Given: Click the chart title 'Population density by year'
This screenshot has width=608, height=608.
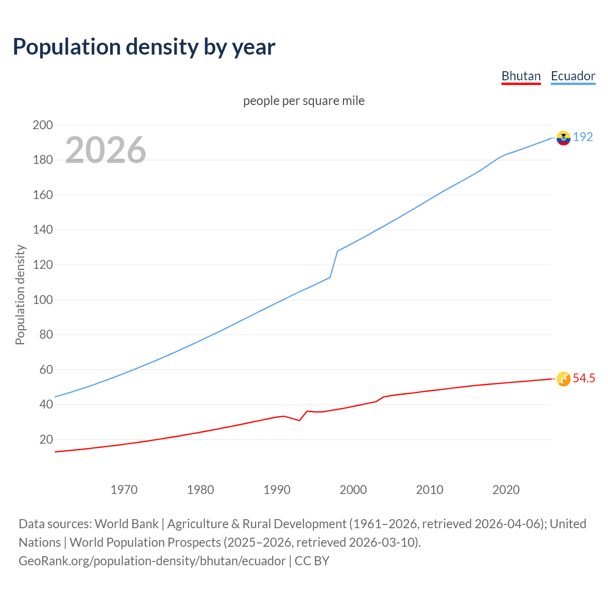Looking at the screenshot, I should [x=144, y=47].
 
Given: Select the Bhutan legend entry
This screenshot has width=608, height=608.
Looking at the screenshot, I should [x=521, y=76].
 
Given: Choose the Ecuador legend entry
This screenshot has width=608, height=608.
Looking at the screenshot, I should [x=573, y=76].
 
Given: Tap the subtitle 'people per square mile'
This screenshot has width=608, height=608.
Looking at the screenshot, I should [x=304, y=101].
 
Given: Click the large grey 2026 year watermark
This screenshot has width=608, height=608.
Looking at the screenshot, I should [x=105, y=150].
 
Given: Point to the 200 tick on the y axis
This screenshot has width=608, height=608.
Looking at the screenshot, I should [x=43, y=125].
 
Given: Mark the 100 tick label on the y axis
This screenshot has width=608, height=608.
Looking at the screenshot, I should [x=43, y=300].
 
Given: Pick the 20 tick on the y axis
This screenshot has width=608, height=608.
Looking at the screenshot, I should [x=46, y=439].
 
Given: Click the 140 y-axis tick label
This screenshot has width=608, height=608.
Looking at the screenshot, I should [x=43, y=230].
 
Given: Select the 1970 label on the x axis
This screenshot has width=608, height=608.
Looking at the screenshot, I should [x=124, y=490].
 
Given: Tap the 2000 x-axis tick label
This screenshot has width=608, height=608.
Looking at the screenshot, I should [x=353, y=490].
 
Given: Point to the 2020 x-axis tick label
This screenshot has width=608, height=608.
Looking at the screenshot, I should [x=506, y=490].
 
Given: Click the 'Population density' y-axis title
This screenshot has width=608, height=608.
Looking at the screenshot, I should [x=20, y=294].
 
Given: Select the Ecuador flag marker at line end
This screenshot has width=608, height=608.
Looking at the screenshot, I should [x=563, y=138].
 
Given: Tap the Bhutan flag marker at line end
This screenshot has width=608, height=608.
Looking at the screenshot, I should [x=563, y=379].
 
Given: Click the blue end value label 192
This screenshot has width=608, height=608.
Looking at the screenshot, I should [x=583, y=137].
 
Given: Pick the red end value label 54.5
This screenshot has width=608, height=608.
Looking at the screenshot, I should [x=584, y=378].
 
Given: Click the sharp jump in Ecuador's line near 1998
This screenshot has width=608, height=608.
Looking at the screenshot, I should [x=334, y=264].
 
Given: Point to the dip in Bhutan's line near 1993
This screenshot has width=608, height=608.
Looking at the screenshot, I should [x=299, y=420].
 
